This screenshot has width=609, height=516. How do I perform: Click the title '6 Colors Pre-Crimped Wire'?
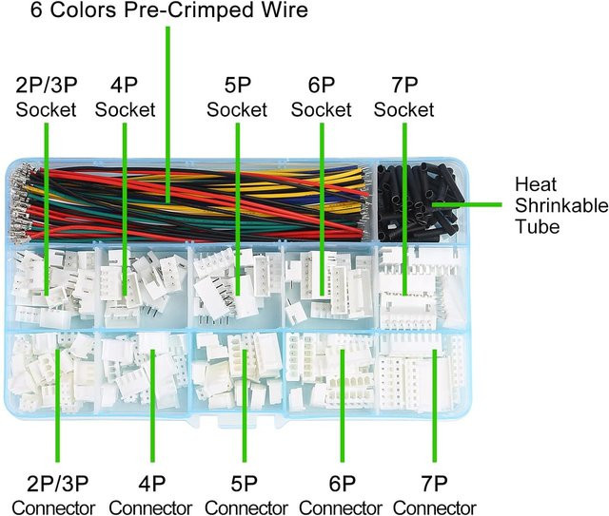pos(169,10)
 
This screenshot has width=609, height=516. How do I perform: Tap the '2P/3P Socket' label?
pos(46,97)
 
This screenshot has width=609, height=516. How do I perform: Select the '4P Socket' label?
pos(125,97)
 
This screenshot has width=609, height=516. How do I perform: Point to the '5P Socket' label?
pos(237,97)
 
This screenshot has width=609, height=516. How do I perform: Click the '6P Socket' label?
pos(322,97)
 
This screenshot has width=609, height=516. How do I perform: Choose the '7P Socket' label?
pos(403,97)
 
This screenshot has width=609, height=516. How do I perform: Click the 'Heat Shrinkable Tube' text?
pos(561,205)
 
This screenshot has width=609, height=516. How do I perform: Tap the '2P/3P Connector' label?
pos(53,495)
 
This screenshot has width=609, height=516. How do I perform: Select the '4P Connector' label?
pos(150,495)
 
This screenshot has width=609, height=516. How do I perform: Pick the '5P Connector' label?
pos(246,495)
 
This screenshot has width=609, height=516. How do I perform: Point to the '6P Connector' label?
pos(341,495)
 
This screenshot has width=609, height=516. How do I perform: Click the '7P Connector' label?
pos(435,495)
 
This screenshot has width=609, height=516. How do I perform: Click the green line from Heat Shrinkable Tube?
pos(466,204)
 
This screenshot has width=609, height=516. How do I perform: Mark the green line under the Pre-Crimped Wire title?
pos(167,114)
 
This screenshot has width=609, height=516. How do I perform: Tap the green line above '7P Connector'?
pos(434,406)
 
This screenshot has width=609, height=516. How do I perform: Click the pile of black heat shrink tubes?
pos(420,201)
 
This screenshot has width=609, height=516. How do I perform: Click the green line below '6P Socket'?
pos(322,209)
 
